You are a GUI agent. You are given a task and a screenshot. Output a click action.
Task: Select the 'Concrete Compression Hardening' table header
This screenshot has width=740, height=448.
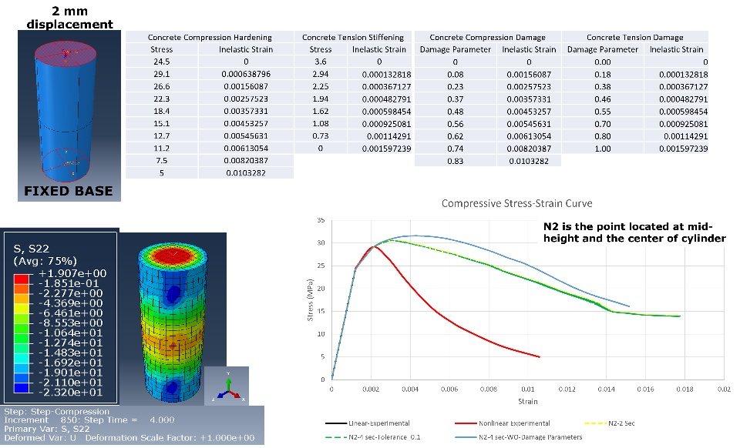pyautogui.click(x=209, y=37)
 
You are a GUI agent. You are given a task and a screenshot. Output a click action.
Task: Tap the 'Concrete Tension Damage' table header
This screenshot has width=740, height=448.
pyautogui.click(x=634, y=37)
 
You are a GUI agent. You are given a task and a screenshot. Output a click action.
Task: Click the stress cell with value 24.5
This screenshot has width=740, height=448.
pyautogui.click(x=160, y=62)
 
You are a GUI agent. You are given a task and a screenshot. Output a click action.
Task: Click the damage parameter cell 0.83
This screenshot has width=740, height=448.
pyautogui.click(x=454, y=161)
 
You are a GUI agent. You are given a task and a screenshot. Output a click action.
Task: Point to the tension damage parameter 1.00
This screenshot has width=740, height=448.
pyautogui.click(x=602, y=149)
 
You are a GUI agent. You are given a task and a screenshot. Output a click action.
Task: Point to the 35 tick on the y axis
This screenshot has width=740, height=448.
pyautogui.click(x=322, y=221)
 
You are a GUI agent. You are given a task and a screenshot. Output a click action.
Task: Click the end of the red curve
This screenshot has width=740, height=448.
pyautogui.click(x=540, y=356)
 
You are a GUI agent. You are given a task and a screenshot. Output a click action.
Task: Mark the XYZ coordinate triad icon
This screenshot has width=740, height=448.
pyautogui.click(x=227, y=387)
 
